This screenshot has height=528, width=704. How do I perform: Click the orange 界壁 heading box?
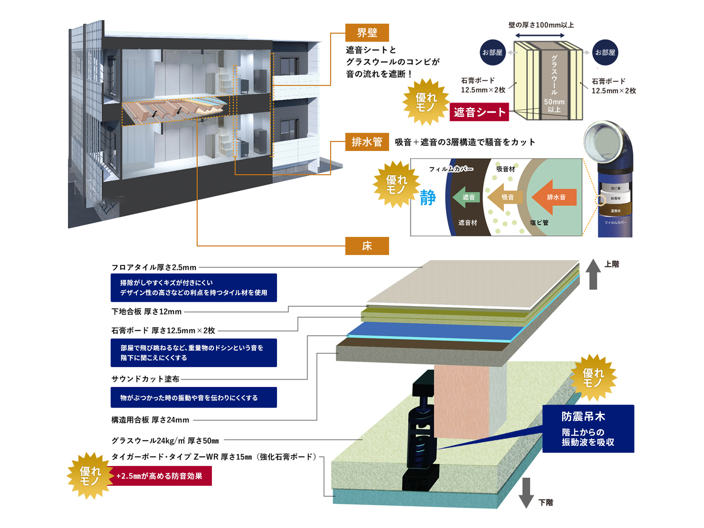367,33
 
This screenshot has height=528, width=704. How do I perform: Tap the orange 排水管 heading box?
367,142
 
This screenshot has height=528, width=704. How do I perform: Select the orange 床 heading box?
367,246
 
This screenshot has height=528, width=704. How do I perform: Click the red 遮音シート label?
479,112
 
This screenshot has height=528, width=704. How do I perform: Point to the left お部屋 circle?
492,52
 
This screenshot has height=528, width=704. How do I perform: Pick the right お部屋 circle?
605,52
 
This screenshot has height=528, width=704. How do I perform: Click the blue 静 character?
428,197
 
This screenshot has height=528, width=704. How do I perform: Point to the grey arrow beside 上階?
593,275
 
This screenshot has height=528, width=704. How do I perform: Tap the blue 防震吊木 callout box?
588,429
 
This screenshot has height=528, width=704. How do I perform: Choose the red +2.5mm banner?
160,476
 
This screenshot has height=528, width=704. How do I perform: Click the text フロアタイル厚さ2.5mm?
154,268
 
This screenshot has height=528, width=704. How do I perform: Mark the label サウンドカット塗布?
145,379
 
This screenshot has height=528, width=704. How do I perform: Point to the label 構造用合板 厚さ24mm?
150,420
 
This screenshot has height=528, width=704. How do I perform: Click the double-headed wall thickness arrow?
540,36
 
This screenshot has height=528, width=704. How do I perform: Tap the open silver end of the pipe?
602,141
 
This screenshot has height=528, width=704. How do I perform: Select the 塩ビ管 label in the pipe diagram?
539,222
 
